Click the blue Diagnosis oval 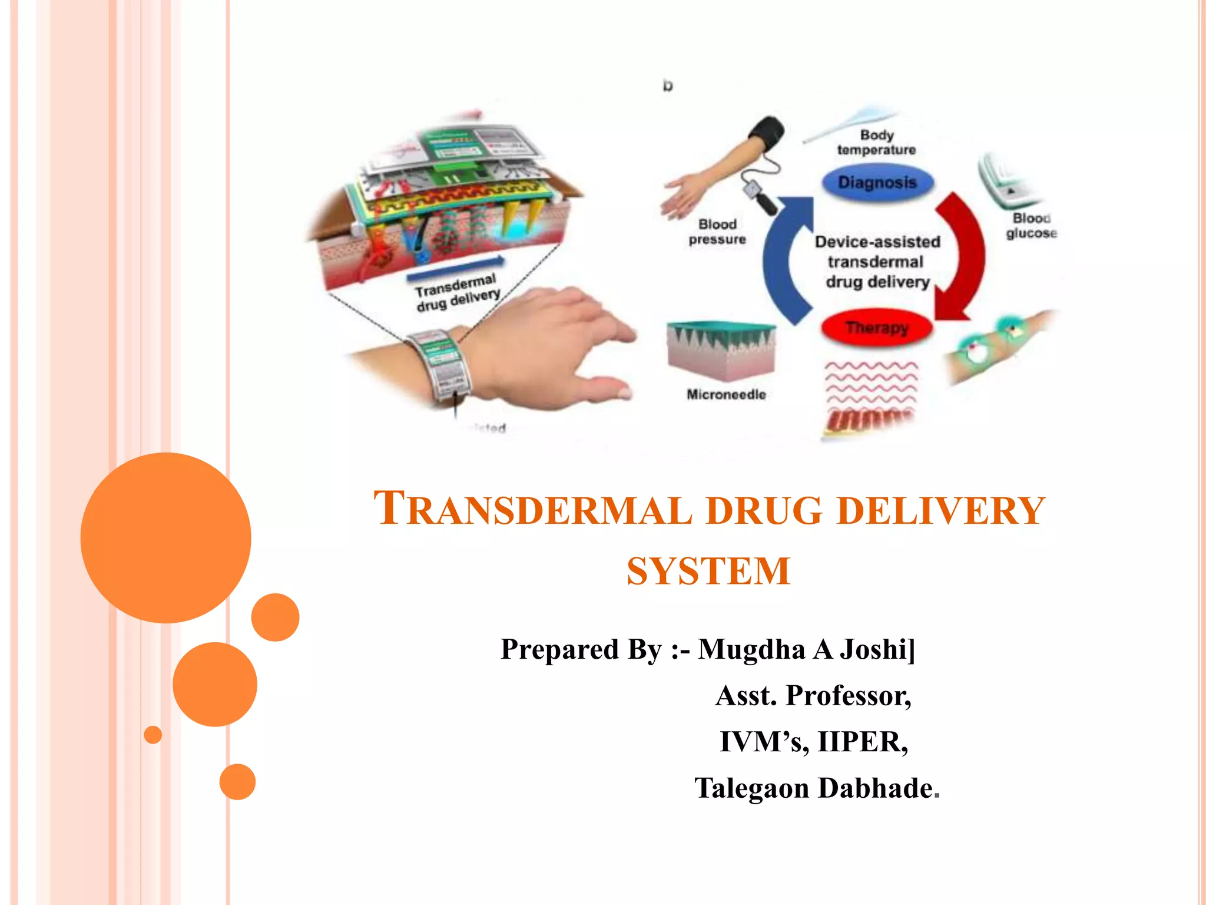coord(877,183)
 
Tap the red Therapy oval coord(877,328)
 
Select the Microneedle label coord(726,395)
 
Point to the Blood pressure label coord(717,232)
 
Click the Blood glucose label coord(1031,226)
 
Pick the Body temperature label coord(876,143)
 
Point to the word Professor coord(848,696)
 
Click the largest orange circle coord(166,537)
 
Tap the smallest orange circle coord(153,735)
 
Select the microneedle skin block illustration coord(721,351)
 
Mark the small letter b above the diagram coord(667,86)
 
